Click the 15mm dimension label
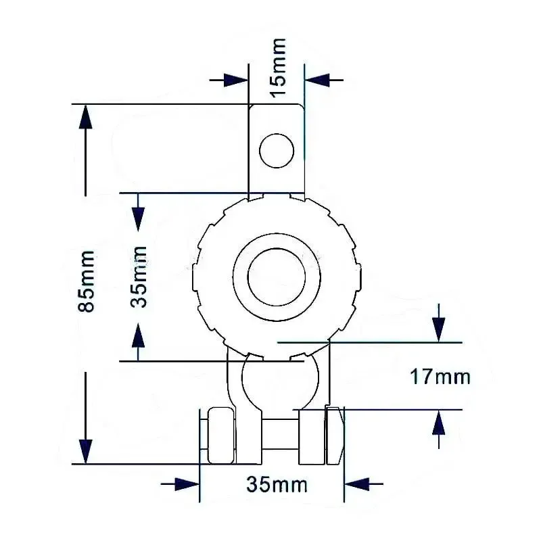[278, 67]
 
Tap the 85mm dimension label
[86, 281]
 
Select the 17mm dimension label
[440, 377]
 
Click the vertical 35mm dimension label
[139, 277]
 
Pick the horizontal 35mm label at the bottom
[277, 484]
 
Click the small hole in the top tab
[277, 151]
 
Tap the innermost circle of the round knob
[277, 277]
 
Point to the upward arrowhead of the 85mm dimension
[86, 117]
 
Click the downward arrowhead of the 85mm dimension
[86, 451]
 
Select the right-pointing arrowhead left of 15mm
[235, 80]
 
